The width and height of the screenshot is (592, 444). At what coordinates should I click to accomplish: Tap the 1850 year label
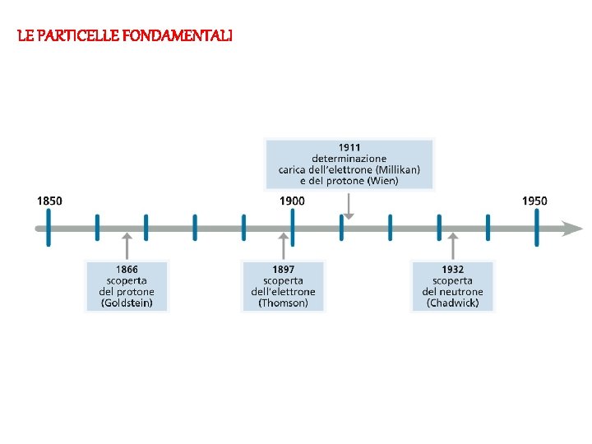[x=49, y=201]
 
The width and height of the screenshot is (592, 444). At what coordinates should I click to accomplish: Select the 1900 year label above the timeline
[x=292, y=201]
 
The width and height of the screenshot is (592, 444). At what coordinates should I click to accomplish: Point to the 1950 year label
[x=534, y=201]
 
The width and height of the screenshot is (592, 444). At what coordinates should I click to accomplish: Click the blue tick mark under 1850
[x=49, y=228]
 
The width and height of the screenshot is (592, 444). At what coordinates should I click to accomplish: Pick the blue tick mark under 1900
[x=293, y=228]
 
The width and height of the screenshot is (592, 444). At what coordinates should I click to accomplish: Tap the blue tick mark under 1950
[x=536, y=228]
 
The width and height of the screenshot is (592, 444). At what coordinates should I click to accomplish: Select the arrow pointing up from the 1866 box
[x=127, y=245]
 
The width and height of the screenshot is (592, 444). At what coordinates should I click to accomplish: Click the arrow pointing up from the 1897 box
[x=284, y=245]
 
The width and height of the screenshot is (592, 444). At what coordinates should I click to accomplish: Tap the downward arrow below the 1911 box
[x=349, y=206]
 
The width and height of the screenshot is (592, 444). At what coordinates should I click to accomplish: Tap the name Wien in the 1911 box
[x=382, y=180]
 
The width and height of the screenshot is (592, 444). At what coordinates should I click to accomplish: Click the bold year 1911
[x=349, y=147]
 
